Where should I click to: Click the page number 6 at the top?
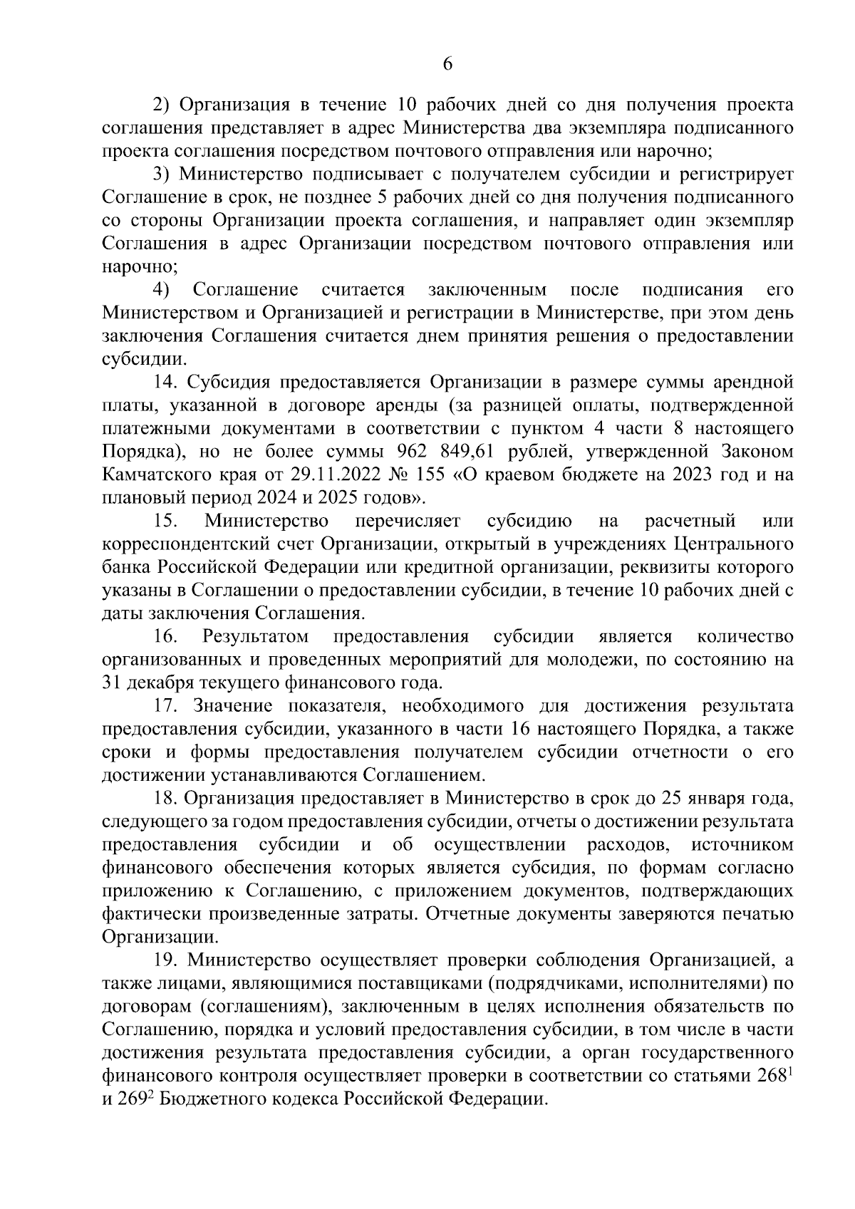tap(447, 64)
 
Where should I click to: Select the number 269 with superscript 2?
tap(139, 1099)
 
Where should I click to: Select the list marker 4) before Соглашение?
tap(162, 290)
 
